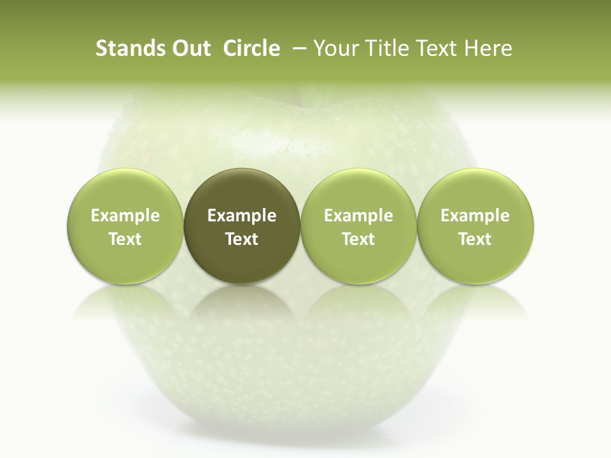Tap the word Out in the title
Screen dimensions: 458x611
pyautogui.click(x=190, y=48)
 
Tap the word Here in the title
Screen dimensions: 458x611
pyautogui.click(x=488, y=48)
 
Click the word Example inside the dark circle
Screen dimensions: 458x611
pyautogui.click(x=242, y=216)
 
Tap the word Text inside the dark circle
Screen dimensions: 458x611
pyautogui.click(x=242, y=239)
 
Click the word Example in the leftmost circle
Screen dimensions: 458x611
pyautogui.click(x=125, y=216)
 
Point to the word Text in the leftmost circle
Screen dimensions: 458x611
pyautogui.click(x=125, y=239)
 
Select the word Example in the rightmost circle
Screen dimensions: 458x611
pyautogui.click(x=475, y=216)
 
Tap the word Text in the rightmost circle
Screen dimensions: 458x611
pyautogui.click(x=475, y=239)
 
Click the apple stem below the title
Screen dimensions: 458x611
pyautogui.click(x=296, y=94)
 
